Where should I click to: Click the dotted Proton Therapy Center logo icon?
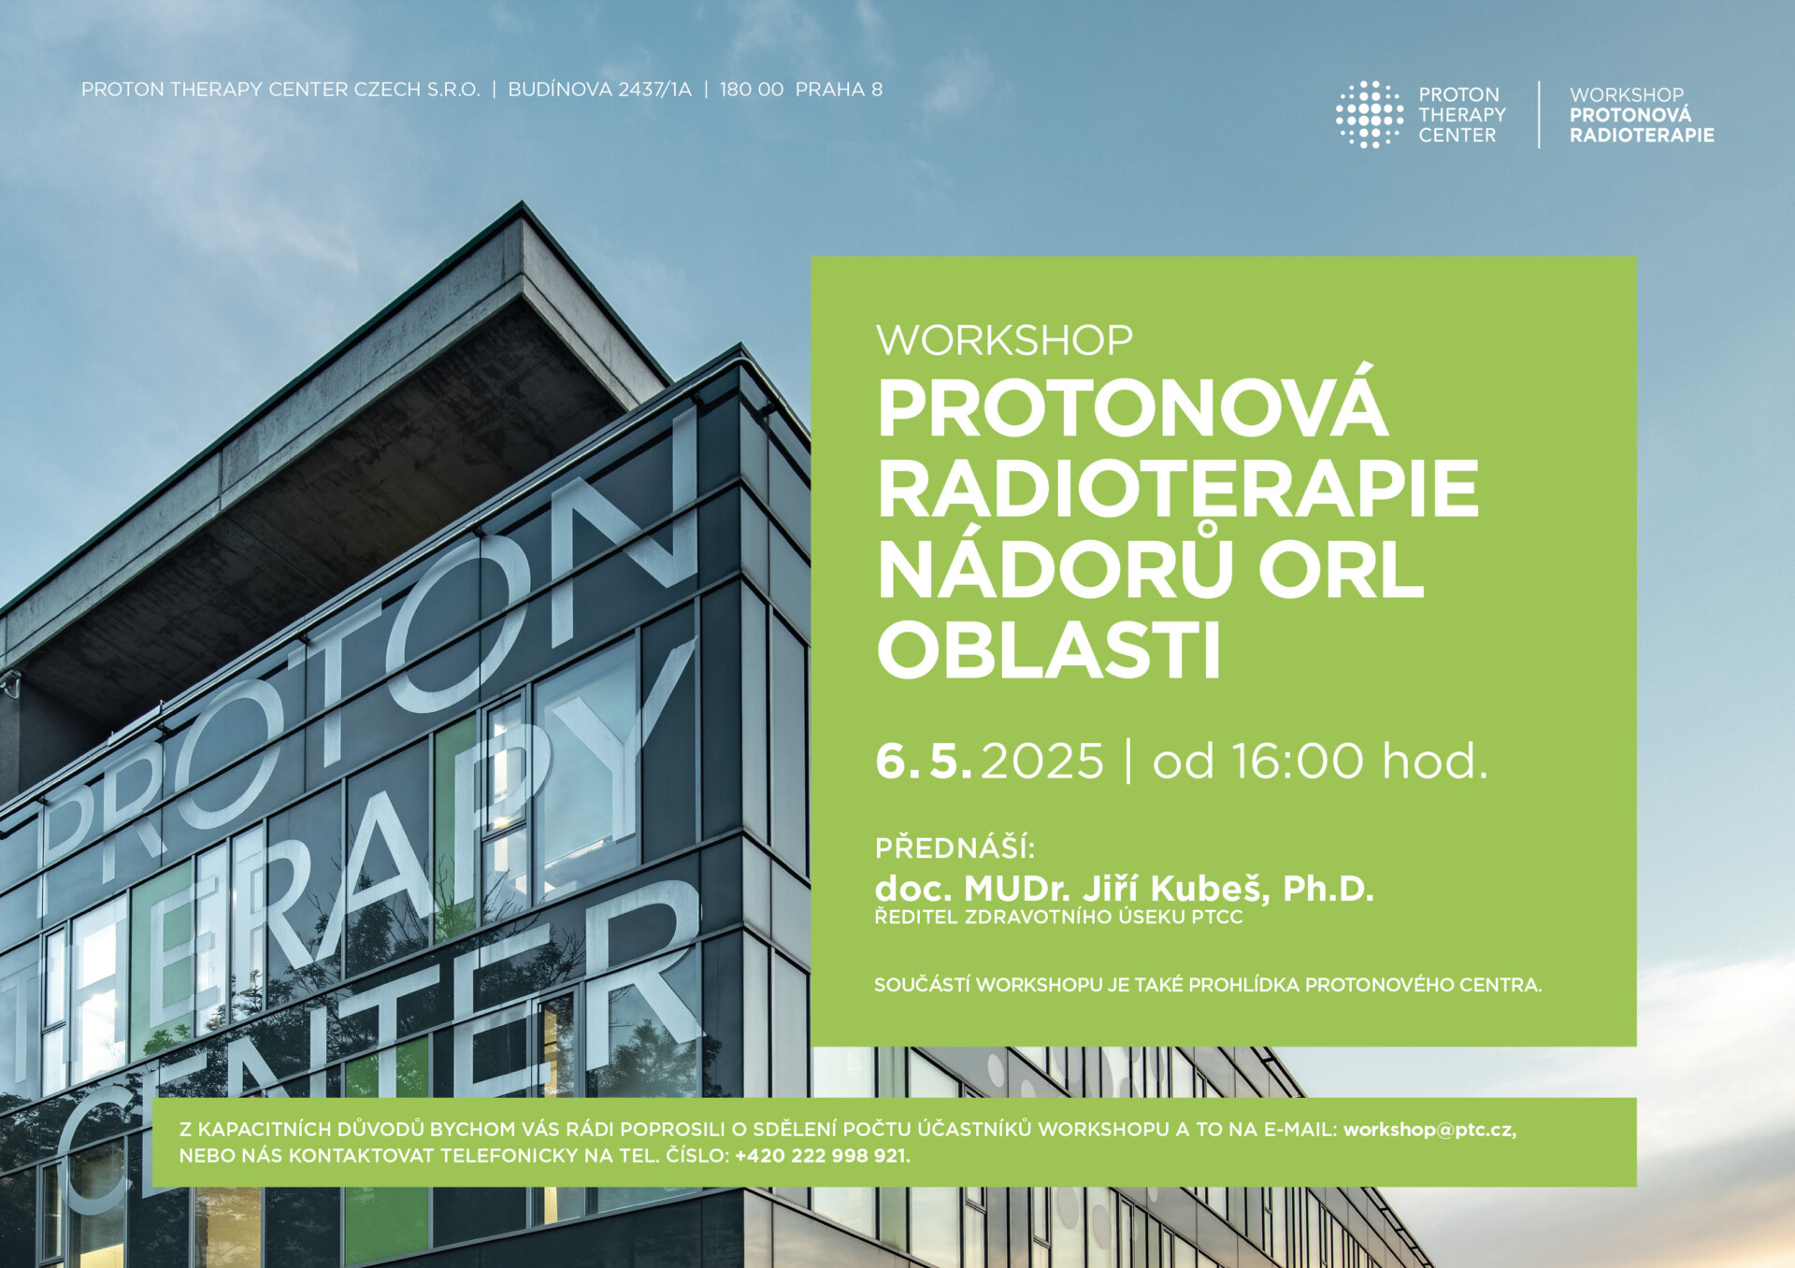tap(1370, 114)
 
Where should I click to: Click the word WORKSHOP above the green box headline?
tap(1004, 340)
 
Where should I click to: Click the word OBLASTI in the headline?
tap(1049, 649)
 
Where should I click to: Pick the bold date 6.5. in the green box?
tap(923, 761)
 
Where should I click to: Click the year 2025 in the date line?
tap(1042, 761)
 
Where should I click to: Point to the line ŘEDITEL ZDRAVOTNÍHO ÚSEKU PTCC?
tap(1058, 918)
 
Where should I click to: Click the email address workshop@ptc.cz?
tap(1429, 1130)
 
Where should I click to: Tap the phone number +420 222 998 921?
tap(822, 1156)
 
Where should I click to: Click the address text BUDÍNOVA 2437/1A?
tap(600, 90)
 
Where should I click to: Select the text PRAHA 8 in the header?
tap(839, 90)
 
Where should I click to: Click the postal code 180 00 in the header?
tap(752, 90)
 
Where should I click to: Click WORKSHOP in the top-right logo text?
tap(1627, 94)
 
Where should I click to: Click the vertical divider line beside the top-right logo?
tap(1539, 114)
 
